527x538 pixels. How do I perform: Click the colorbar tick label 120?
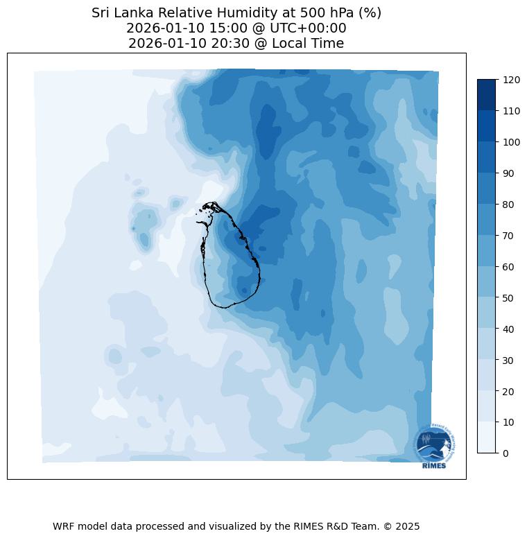pyautogui.click(x=512, y=80)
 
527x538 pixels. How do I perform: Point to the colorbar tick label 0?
pyautogui.click(x=506, y=453)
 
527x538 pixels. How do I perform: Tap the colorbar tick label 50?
pyautogui.click(x=509, y=298)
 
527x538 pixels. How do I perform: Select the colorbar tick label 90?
pyautogui.click(x=509, y=173)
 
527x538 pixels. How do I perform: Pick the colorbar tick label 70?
pyautogui.click(x=509, y=236)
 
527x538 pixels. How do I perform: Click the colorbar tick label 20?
pyautogui.click(x=509, y=391)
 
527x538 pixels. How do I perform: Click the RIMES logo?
pyautogui.click(x=434, y=447)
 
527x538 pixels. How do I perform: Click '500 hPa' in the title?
pyautogui.click(x=324, y=12)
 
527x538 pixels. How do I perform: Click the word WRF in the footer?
pyautogui.click(x=64, y=526)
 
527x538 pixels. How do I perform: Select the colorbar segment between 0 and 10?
pyautogui.click(x=487, y=437)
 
